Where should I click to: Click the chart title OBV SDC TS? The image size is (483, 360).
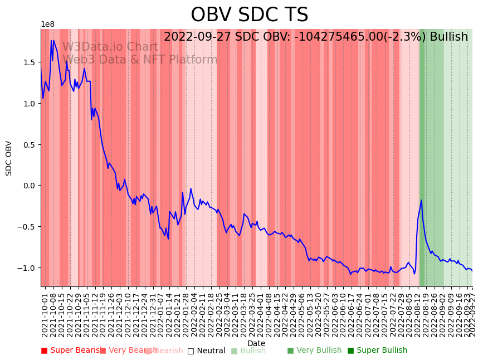[x=249, y=15]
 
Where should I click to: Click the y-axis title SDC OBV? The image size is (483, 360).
[x=9, y=158]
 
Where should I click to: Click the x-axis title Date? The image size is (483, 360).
[x=256, y=343]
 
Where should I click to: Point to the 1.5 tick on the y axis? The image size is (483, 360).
[x=28, y=62]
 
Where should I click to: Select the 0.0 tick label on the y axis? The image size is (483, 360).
[x=28, y=186]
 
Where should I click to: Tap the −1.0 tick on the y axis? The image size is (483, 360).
[x=26, y=268]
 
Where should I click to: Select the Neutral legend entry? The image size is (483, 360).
[x=206, y=351]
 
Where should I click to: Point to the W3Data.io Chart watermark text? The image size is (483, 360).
[x=110, y=47]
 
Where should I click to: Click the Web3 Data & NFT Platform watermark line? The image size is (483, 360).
[x=140, y=60]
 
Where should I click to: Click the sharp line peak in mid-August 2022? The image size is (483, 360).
[x=421, y=200]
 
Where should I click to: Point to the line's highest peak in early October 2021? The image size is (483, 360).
[x=52, y=40]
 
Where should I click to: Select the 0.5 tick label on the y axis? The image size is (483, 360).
[x=28, y=144]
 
